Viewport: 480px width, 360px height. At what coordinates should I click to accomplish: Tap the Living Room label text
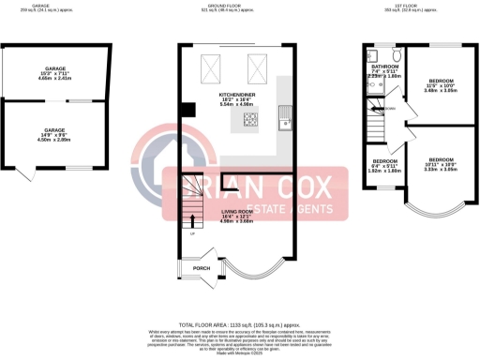pos(237,215)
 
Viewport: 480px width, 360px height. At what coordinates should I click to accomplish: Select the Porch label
pos(201,268)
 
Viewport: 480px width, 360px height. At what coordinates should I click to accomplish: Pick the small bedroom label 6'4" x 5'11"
pos(382,166)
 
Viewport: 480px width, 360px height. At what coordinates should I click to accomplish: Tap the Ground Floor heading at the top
pos(239,6)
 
